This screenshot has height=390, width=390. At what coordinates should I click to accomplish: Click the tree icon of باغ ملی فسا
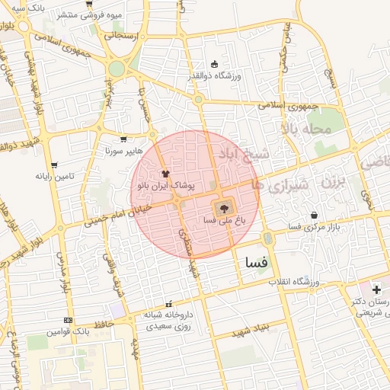coord(224,206)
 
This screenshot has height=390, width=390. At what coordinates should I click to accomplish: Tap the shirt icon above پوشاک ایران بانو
coord(165,173)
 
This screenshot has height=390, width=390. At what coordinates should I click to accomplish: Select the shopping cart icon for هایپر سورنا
coord(123,139)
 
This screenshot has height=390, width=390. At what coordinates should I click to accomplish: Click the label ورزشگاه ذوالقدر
coord(214,76)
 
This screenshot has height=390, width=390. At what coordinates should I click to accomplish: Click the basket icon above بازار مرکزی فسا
coord(314,216)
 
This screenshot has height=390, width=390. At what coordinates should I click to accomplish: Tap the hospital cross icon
coord(376,289)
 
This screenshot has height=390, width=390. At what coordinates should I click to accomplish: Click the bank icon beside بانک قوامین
coord(69,320)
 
